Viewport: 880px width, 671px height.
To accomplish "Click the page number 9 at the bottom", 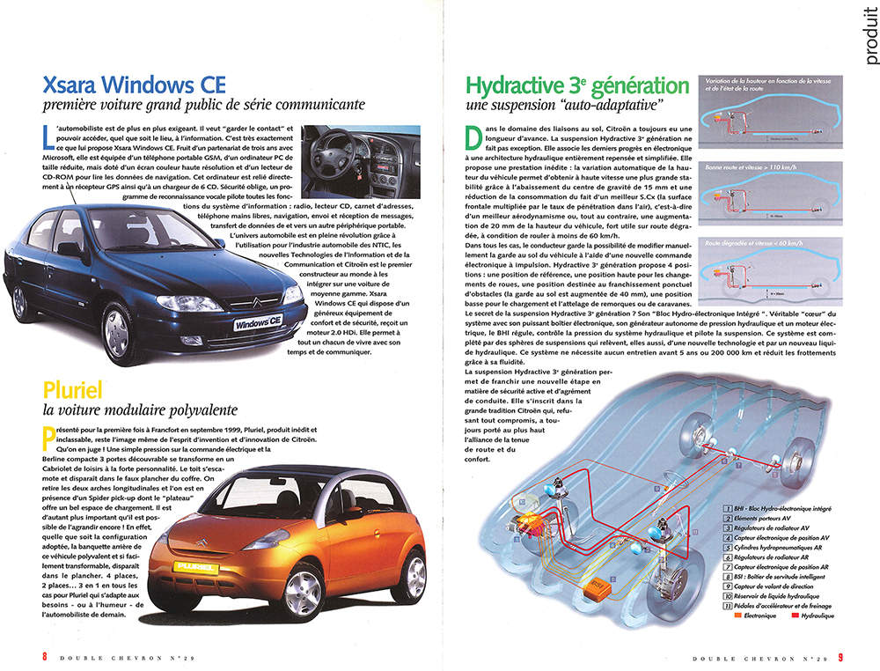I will [x=840, y=655].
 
